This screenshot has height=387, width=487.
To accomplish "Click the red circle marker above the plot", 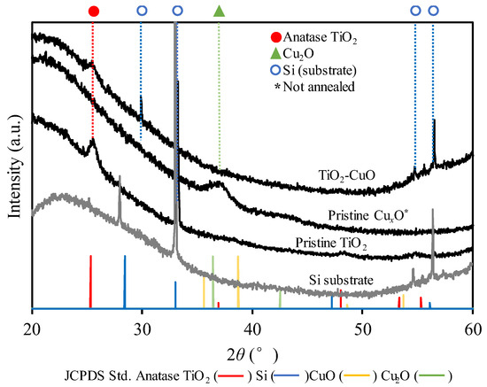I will (x=94, y=11).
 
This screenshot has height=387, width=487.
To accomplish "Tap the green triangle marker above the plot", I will (x=220, y=11).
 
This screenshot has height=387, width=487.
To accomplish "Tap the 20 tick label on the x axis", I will (x=32, y=324).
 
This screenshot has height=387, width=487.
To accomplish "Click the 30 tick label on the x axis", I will (x=142, y=324).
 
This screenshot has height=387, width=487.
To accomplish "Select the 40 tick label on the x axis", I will (x=252, y=324).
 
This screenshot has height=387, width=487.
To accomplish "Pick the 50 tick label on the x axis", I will (x=363, y=324).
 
